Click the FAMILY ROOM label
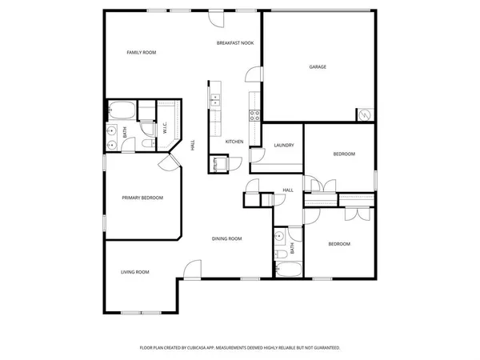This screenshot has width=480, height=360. point(142,53)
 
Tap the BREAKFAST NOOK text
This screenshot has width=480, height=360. point(235,42)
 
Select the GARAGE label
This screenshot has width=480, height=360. point(318,66)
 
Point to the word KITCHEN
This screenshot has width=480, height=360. point(234,142)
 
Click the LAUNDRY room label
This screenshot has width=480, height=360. point(284,145)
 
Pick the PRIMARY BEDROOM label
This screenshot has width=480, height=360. point(142,198)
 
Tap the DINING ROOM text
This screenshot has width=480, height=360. point(226,238)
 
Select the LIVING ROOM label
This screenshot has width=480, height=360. point(135,272)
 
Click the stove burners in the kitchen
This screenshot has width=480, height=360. point(255,114)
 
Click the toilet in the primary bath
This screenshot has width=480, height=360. point(146,142)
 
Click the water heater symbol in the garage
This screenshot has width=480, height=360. point(365,114)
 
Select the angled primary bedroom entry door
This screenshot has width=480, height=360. point(169,163)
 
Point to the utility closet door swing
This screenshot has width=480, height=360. point(226,162)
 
